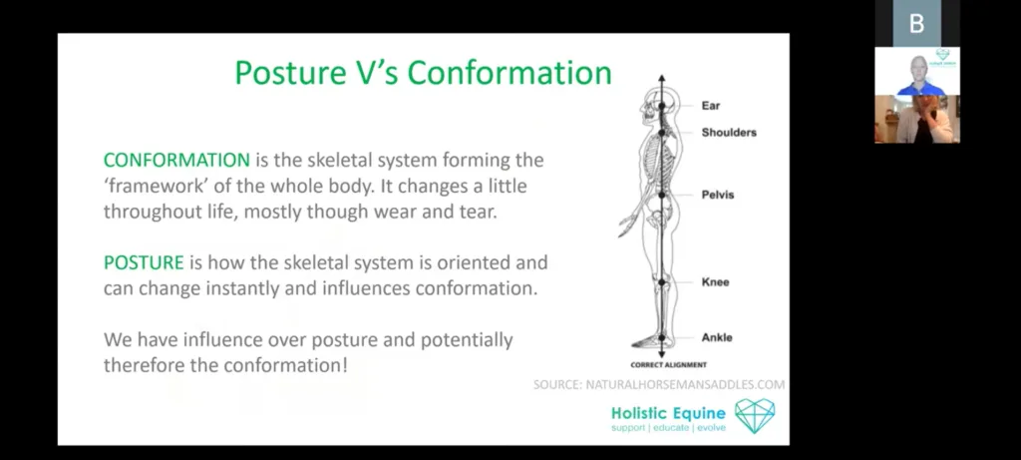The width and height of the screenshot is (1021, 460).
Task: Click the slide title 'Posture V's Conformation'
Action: pyautogui.click(x=423, y=73)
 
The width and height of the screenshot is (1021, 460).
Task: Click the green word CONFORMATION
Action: pyautogui.click(x=176, y=160)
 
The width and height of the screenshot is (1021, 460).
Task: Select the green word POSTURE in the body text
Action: pyautogui.click(x=144, y=262)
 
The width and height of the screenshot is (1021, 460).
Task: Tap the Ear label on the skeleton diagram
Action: pyautogui.click(x=710, y=106)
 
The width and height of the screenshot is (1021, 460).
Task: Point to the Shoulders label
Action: pyautogui.click(x=729, y=133)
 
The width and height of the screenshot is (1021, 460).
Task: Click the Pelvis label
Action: pyautogui.click(x=718, y=195)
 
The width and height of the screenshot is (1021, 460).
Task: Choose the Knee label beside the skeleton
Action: pyautogui.click(x=715, y=282)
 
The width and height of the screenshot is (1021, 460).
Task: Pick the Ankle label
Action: pyautogui.click(x=717, y=337)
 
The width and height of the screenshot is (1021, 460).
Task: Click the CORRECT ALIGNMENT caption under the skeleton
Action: pyautogui.click(x=668, y=365)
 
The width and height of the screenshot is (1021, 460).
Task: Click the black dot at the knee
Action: pyautogui.click(x=662, y=282)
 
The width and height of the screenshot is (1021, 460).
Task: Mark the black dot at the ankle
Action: pyautogui.click(x=662, y=337)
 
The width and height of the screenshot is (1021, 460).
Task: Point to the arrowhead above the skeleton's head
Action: pyautogui.click(x=662, y=79)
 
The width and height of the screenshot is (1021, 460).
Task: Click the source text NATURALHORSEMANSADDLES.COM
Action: pyautogui.click(x=685, y=385)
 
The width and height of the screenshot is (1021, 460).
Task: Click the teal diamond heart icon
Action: pyautogui.click(x=755, y=416)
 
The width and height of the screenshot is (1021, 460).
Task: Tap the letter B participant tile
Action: pyautogui.click(x=917, y=24)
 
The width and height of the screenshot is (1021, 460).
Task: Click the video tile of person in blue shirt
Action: pyautogui.click(x=917, y=71)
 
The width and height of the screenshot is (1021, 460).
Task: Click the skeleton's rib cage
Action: pyautogui.click(x=654, y=160)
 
